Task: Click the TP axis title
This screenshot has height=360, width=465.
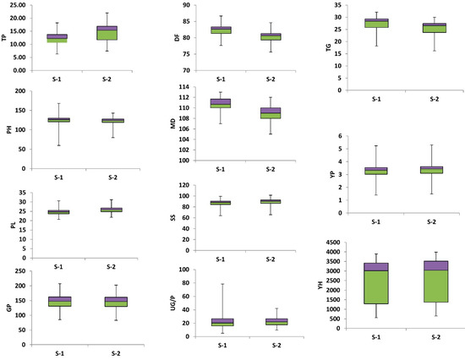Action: (x=5, y=38)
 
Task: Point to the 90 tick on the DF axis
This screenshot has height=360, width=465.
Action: (x=187, y=5)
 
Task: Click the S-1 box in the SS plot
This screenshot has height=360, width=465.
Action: (x=220, y=203)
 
